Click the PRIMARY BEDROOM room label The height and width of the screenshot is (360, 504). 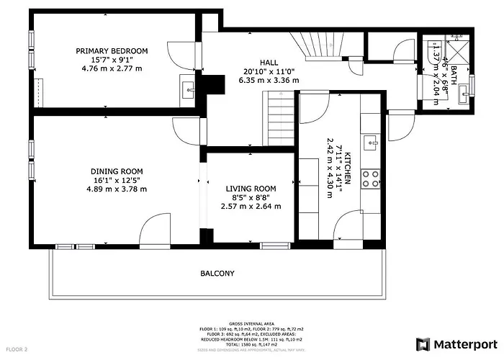click(112, 50)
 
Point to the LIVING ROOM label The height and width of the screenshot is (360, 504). click(251, 189)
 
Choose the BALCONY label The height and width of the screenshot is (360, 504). click(217, 274)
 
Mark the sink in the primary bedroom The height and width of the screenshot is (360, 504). click(189, 90)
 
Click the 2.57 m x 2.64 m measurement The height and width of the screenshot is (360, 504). click(251, 207)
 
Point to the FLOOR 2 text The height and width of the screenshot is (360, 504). click(16, 349)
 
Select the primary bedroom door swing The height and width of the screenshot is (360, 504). click(176, 53)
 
